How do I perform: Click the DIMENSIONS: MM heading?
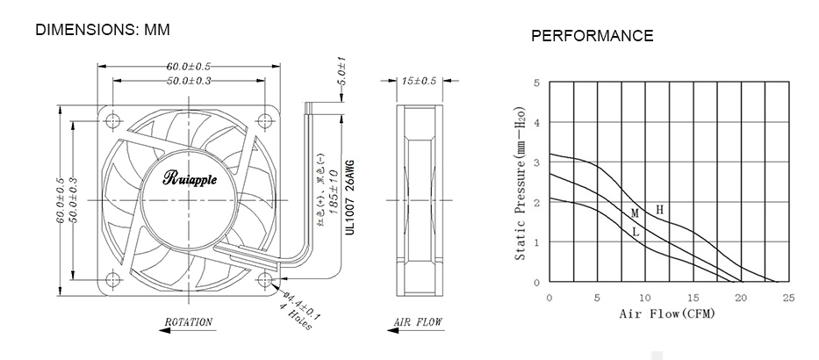coord(102,30)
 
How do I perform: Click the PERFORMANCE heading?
coord(592,36)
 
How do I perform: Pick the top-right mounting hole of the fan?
coord(265,118)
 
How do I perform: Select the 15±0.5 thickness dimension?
coord(419,81)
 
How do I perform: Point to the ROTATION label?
coord(189,322)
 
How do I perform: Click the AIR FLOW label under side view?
coord(419,322)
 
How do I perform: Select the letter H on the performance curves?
coord(660,211)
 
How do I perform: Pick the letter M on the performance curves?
coord(634,213)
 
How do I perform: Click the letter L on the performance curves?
coord(635,233)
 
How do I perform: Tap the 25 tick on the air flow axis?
coord(788,299)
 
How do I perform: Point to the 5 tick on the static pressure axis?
coord(535,83)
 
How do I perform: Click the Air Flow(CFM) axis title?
coord(666,313)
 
